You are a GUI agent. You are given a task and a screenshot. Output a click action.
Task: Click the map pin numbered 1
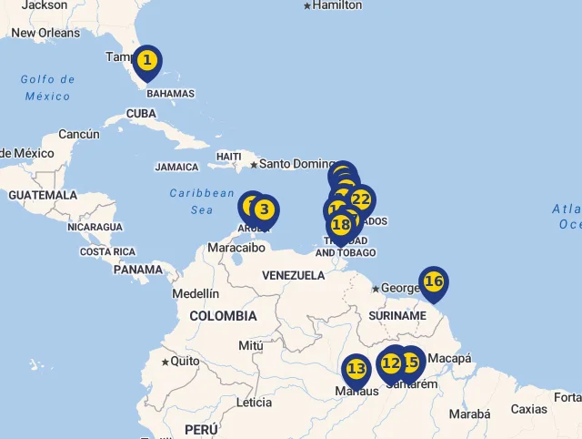pos(147,62)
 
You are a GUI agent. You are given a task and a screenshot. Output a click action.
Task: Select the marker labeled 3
pos(264,209)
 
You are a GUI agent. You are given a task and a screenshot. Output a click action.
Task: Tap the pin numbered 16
pos(434,281)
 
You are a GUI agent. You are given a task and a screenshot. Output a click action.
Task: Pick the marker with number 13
pos(356,369)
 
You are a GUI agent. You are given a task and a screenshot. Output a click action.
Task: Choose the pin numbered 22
pos(361,199)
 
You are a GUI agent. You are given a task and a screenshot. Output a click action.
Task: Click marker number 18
pos(341,224)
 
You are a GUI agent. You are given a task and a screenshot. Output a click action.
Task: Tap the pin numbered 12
pos(391,363)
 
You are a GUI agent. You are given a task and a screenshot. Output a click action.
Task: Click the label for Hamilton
pos(336,5)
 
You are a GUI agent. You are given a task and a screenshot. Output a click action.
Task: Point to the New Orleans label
pos(45,33)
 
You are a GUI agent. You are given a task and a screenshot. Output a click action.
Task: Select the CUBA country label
pos(141,114)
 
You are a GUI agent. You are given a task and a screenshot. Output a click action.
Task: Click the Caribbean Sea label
pos(202,201)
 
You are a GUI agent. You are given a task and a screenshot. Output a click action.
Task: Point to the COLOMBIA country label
pos(223,316)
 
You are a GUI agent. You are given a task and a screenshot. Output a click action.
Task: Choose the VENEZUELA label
pos(293,275)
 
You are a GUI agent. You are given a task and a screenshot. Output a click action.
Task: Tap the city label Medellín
pos(196,293)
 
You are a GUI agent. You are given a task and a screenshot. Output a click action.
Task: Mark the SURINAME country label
pos(397,316)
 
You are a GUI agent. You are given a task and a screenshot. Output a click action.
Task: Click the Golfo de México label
pos(47,87)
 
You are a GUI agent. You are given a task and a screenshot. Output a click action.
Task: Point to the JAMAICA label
pos(176,168)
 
